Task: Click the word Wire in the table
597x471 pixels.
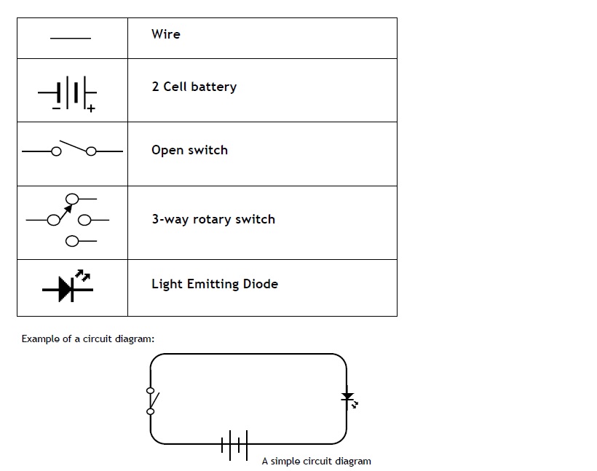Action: click(x=165, y=34)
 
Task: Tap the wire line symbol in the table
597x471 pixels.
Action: click(x=71, y=38)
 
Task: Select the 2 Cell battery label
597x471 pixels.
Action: click(x=194, y=87)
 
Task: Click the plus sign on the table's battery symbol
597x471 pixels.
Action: click(x=90, y=108)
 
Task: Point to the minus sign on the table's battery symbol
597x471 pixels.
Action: click(x=56, y=108)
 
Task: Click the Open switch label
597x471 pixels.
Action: click(x=189, y=150)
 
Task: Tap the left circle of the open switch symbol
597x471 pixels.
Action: click(x=56, y=151)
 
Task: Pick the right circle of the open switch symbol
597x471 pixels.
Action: click(x=91, y=151)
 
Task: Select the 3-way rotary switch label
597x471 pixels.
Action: click(x=213, y=219)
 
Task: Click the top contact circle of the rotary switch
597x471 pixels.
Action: click(x=72, y=199)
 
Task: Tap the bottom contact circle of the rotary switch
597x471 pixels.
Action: click(x=72, y=241)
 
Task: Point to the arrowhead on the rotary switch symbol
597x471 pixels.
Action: click(x=68, y=209)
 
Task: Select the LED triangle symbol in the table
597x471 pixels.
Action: click(x=66, y=290)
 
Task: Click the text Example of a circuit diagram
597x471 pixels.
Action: click(x=88, y=339)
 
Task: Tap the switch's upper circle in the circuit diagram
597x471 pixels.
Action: click(x=151, y=391)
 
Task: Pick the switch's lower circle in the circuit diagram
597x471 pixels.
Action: click(x=151, y=411)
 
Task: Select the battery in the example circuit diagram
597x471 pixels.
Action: click(x=234, y=445)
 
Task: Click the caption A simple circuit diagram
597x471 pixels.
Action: click(x=317, y=461)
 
